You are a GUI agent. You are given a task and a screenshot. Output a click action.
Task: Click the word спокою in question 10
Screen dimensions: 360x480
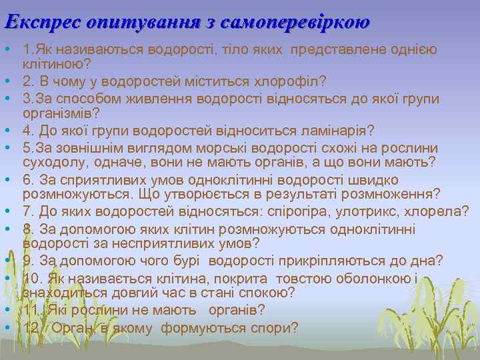tap(262, 293)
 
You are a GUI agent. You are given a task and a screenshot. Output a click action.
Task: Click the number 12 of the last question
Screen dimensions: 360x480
tap(31, 328)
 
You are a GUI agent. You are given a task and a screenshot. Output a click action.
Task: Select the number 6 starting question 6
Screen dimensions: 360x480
tap(27, 179)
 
